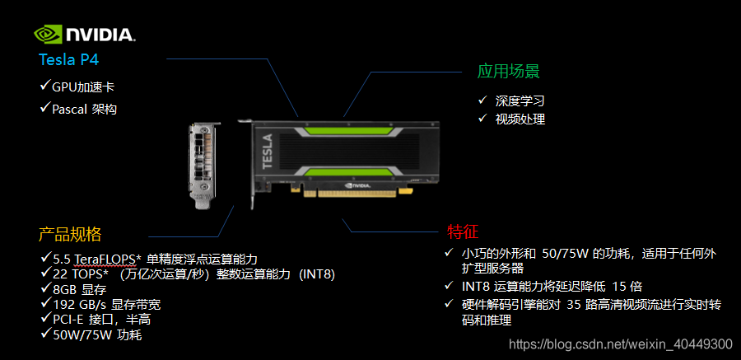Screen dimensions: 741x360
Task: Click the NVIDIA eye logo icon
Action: (x=48, y=35)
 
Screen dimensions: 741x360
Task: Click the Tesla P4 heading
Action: (x=69, y=59)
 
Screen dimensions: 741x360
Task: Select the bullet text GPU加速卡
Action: (x=83, y=87)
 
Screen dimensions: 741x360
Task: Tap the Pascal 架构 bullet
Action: (x=84, y=110)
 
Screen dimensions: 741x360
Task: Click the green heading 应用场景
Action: (x=509, y=72)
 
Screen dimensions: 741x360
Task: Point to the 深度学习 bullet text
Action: (x=520, y=101)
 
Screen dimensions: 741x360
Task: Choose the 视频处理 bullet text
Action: (x=520, y=119)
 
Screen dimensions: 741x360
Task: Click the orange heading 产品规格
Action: (x=70, y=234)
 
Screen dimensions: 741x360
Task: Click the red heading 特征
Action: (x=463, y=231)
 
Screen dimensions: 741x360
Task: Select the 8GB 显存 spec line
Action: (x=79, y=289)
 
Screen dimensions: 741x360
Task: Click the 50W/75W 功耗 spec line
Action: (x=97, y=335)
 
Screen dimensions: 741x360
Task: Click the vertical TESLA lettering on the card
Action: (x=267, y=152)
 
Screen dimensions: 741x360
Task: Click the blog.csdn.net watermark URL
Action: (x=621, y=344)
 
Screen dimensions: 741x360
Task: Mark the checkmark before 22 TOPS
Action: (x=45, y=273)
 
